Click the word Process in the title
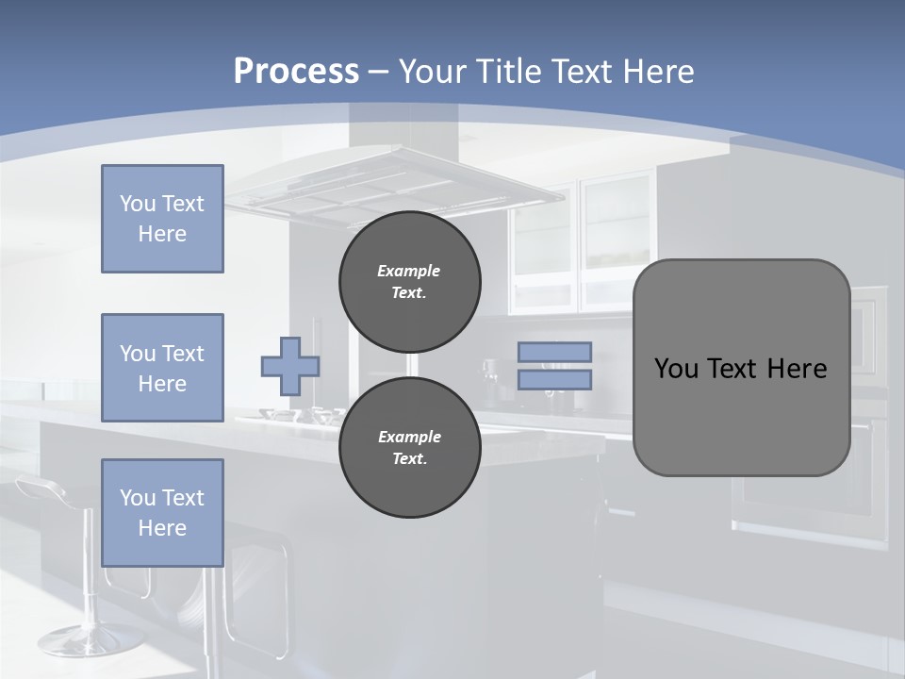pyautogui.click(x=296, y=71)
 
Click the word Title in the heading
pyautogui.click(x=508, y=71)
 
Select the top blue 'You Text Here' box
pyautogui.click(x=162, y=219)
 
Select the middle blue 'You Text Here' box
pyautogui.click(x=162, y=368)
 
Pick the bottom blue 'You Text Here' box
pyautogui.click(x=162, y=513)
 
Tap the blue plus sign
pyautogui.click(x=290, y=367)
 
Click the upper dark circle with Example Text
pyautogui.click(x=409, y=282)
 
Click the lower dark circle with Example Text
pyautogui.click(x=409, y=448)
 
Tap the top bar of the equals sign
pyautogui.click(x=554, y=352)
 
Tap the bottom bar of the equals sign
pyautogui.click(x=554, y=379)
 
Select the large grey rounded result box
pyautogui.click(x=741, y=415)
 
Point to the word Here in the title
pyautogui.click(x=656, y=71)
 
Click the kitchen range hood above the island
pyautogui.click(x=396, y=184)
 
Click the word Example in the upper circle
pyautogui.click(x=409, y=271)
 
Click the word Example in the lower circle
pyautogui.click(x=409, y=437)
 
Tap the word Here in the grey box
pyautogui.click(x=797, y=369)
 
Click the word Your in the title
pyautogui.click(x=432, y=71)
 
